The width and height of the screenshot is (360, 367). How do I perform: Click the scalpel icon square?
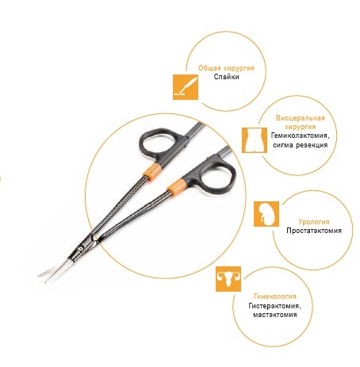point(186,87)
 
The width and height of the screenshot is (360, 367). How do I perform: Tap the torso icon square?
point(255,140)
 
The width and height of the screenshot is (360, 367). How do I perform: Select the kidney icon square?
point(266,214)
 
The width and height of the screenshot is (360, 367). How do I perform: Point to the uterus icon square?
point(228,279)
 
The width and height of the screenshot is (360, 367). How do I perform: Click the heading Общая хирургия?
point(227,68)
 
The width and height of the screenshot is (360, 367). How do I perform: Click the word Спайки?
point(227,77)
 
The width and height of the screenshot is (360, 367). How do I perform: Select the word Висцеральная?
point(301,118)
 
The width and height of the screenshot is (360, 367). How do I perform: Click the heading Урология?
point(314,222)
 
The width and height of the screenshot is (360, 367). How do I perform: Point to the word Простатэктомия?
point(314,231)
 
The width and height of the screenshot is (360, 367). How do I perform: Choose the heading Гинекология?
point(275,296)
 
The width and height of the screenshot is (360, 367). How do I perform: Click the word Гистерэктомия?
point(275,306)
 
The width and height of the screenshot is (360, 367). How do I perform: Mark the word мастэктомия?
point(275,315)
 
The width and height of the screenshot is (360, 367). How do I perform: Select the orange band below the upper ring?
point(152,172)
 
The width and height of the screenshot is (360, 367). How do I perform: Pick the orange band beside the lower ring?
point(175,187)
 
